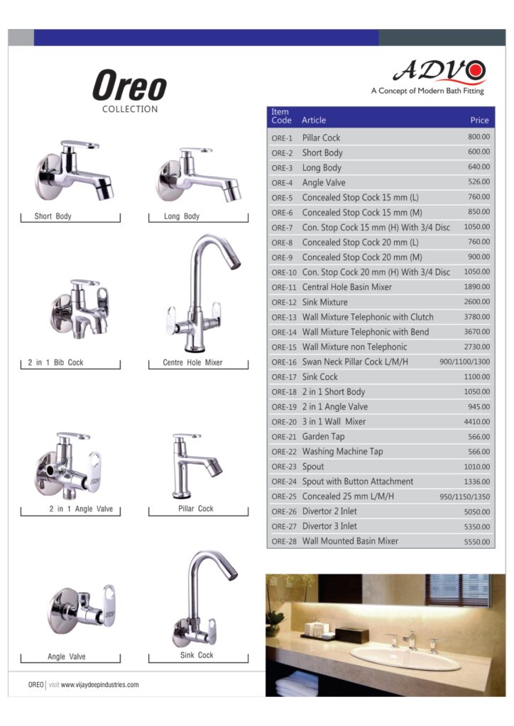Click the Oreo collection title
coord(129,87)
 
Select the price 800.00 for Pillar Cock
coord(479,137)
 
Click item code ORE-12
coord(283,302)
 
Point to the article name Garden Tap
coord(323,437)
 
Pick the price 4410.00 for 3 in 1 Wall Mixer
coord(476,422)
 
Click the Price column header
coord(479,121)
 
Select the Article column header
coord(314,121)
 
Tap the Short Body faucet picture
coord(75,171)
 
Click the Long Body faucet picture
coord(197,173)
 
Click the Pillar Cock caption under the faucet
coord(196,508)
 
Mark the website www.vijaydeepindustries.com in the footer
coord(99,685)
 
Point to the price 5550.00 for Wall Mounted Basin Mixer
coord(476,541)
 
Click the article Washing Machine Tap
coord(342,452)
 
